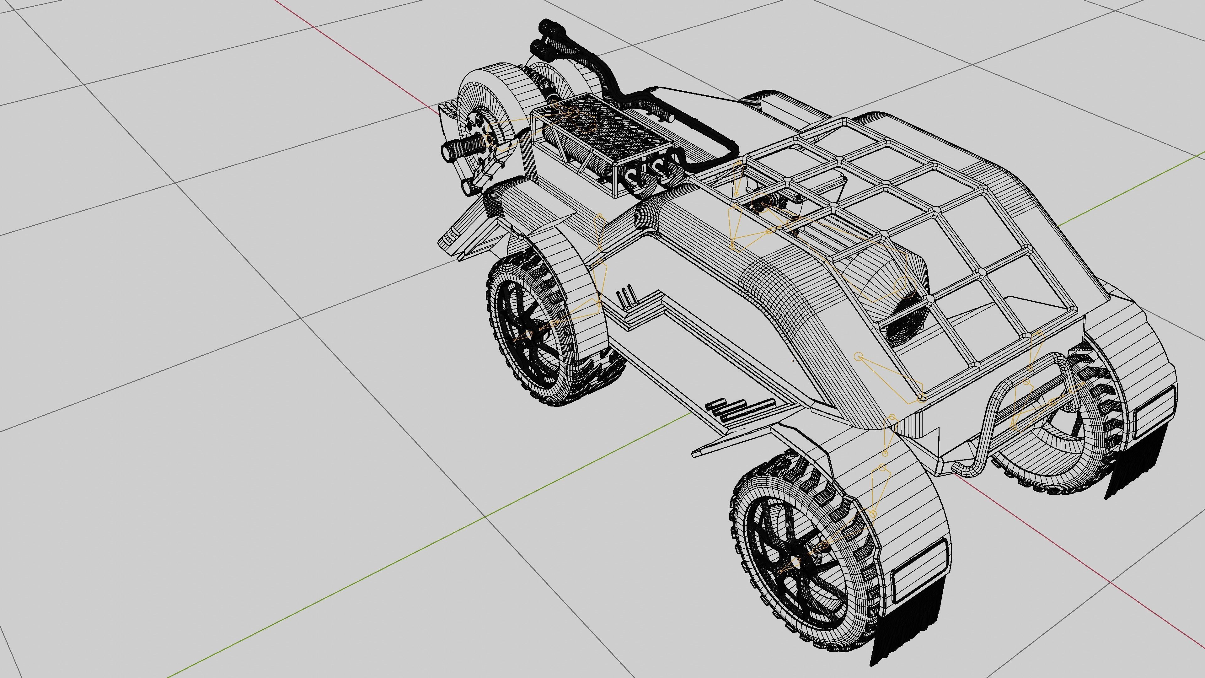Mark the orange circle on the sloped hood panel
click(858, 357)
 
